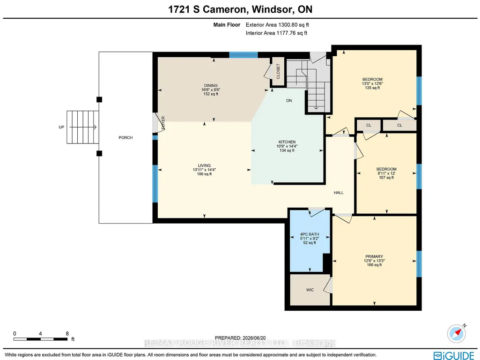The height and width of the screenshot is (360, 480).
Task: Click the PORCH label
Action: click(x=126, y=137)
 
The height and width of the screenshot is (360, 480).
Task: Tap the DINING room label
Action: click(x=211, y=85)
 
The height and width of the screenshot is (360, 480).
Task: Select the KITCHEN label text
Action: click(x=287, y=142)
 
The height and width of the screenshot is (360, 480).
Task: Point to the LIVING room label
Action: click(x=204, y=165)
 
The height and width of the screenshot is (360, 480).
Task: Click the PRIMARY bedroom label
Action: click(x=374, y=256)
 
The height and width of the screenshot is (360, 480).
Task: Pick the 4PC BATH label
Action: click(x=310, y=234)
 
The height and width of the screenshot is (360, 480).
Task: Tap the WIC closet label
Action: click(x=310, y=290)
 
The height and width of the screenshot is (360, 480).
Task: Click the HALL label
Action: click(x=339, y=193)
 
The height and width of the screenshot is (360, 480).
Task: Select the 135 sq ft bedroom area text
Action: click(x=372, y=88)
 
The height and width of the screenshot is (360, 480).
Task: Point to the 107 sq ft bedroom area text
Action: click(x=386, y=178)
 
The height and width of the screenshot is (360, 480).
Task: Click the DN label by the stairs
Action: click(x=289, y=100)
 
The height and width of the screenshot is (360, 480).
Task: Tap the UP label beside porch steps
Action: click(x=61, y=127)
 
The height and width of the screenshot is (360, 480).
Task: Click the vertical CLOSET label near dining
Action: click(x=278, y=71)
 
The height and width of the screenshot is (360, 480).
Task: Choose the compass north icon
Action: click(x=457, y=333)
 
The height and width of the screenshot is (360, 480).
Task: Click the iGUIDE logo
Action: click(x=454, y=355)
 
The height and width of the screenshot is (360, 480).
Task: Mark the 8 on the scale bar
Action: click(x=67, y=333)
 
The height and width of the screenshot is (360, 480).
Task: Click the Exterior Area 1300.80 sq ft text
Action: click(x=277, y=25)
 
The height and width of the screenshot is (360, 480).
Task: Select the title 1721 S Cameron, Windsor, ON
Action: click(x=240, y=9)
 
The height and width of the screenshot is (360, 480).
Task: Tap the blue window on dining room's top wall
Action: click(x=244, y=55)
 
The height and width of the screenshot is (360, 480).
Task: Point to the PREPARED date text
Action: click(x=240, y=338)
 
